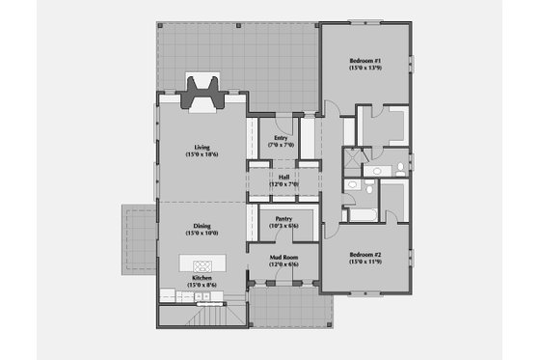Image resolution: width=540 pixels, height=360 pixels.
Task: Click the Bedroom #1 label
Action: (x=366, y=61)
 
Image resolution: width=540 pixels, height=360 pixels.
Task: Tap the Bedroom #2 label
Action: (x=366, y=254)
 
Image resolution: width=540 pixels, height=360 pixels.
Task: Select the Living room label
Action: (x=202, y=147)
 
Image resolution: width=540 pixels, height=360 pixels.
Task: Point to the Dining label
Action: (x=202, y=225)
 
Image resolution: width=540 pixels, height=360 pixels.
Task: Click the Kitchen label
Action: (x=202, y=277)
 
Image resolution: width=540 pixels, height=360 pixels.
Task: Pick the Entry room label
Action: (x=281, y=137)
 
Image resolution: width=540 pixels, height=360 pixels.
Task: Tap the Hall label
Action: (x=283, y=177)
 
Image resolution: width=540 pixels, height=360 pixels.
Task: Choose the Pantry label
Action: (x=283, y=218)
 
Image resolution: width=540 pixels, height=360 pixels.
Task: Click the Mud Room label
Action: (x=283, y=258)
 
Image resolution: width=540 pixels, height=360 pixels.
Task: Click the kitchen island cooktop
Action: (x=203, y=263)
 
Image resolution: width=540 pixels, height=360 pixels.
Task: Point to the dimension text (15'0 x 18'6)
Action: (x=202, y=154)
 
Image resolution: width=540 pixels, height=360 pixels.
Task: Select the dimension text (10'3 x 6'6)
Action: (x=283, y=226)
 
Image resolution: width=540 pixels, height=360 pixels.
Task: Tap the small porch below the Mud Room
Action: (x=291, y=309)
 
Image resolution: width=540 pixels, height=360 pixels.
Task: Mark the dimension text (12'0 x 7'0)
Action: (x=283, y=184)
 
